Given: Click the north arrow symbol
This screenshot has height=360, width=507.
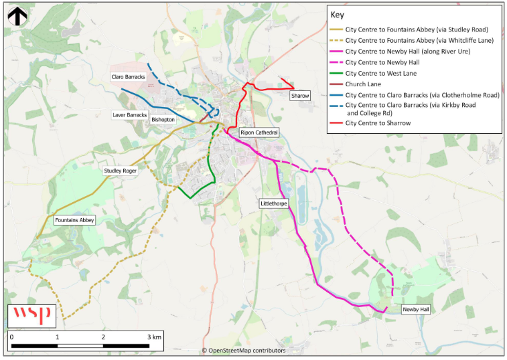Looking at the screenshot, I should pos(17,15).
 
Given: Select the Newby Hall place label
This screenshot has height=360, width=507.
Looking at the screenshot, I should pos(415,310).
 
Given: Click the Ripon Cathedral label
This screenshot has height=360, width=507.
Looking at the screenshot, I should pos(259,132).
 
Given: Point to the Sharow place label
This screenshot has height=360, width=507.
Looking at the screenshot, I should pos(300,96).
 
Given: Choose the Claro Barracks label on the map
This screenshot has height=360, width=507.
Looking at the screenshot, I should pos(129,78).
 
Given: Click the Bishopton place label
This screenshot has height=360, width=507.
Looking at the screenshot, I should pos(163,120).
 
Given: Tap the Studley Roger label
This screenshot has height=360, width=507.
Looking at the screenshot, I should pos(120,171).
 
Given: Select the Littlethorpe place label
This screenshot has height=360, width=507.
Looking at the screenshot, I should pos(273,202).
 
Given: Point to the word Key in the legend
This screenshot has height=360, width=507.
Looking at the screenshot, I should pos(337,15).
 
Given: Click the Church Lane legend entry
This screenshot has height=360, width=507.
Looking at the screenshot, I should pos(363,84).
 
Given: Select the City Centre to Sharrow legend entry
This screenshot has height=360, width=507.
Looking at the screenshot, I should pos(378,123).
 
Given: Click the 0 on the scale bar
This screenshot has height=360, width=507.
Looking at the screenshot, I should pos(12,337).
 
